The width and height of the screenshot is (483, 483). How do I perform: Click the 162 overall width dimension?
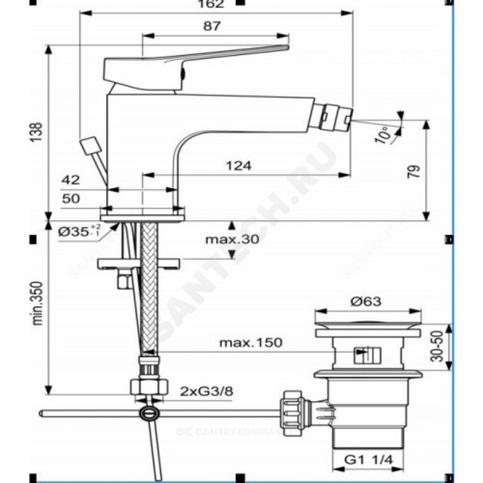216,5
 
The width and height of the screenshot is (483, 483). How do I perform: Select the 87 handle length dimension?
213,26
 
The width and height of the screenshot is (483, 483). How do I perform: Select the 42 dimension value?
71,179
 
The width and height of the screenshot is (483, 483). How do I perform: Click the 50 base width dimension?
71,199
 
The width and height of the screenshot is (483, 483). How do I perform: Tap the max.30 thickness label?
231,240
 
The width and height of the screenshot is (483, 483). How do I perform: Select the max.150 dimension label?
251,343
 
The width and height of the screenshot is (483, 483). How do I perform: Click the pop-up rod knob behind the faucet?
89,146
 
